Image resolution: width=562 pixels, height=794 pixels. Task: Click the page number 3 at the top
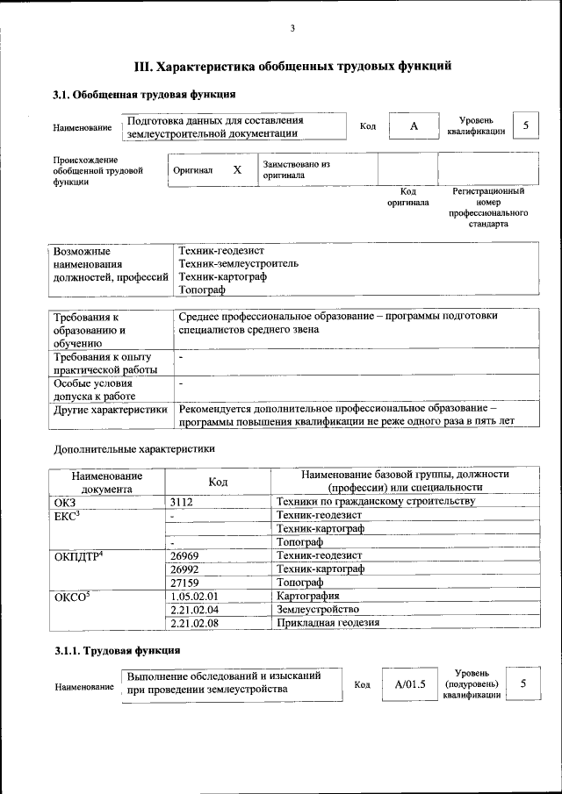point(292,29)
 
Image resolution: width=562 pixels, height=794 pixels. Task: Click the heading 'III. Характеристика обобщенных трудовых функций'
point(292,66)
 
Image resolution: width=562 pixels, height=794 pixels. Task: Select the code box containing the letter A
point(413,127)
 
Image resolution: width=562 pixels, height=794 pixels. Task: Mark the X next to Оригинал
point(237,169)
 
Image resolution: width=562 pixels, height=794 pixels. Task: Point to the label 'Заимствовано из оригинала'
point(296,169)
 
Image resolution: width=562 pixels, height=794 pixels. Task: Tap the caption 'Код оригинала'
point(408,197)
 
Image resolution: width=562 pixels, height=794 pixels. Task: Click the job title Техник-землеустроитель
point(238,263)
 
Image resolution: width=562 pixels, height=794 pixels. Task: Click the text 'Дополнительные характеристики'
point(133,448)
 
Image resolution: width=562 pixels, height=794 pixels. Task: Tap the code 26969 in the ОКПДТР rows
point(185,555)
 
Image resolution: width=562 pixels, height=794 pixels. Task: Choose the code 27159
point(185,583)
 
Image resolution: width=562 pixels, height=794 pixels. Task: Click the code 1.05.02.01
point(194,596)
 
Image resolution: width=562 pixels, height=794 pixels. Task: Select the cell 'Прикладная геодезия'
point(328,623)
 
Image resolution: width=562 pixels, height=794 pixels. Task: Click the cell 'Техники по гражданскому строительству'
point(375,502)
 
